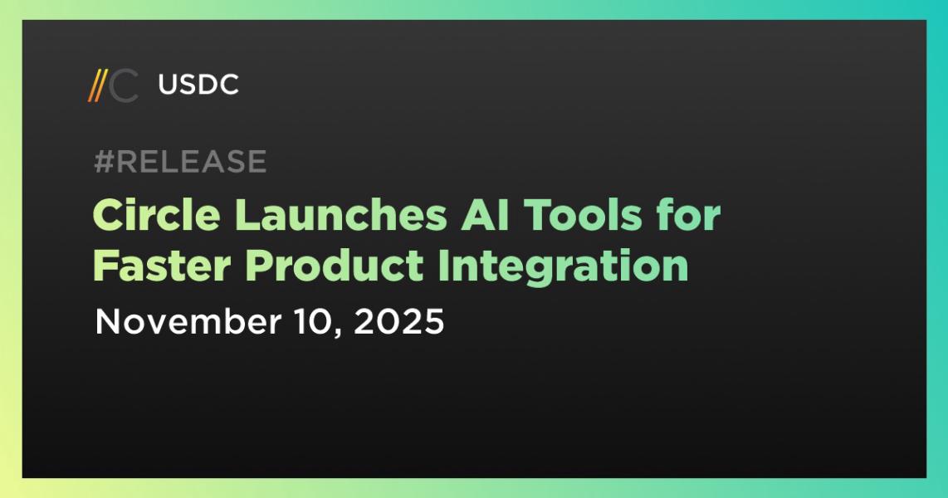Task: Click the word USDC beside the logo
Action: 198,85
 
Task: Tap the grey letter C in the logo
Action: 125,86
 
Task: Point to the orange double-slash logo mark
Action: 97,86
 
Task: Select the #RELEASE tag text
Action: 180,162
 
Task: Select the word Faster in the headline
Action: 163,266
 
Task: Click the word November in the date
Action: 178,321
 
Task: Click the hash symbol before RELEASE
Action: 103,162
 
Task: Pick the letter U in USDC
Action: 166,85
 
